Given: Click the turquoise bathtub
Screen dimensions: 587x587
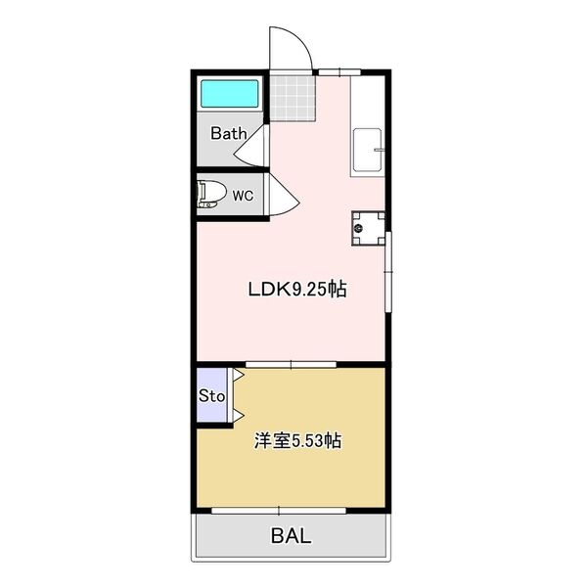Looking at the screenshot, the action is click(230, 94).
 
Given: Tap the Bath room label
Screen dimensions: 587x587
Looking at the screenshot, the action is click(229, 134).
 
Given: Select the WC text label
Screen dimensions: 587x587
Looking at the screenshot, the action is click(243, 196).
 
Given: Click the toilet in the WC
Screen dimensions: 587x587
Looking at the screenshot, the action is click(212, 195).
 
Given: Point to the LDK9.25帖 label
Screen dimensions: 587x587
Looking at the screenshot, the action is click(297, 289).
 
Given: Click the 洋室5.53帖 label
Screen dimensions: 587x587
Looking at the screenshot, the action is click(297, 440).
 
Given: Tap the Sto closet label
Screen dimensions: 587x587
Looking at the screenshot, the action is click(212, 395).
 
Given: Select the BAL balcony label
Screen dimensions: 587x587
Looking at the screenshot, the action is click(291, 536).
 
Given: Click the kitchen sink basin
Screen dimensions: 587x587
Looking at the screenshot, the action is click(368, 150).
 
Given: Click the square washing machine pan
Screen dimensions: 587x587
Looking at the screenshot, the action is click(369, 228).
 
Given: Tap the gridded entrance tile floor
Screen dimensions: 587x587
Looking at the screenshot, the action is click(293, 99).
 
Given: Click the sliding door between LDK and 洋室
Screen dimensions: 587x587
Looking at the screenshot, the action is click(291, 364).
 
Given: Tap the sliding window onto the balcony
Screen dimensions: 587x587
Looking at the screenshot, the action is click(279, 511).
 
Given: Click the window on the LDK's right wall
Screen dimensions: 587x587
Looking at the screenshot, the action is click(388, 272).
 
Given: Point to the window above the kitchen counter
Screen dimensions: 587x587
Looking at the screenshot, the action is click(339, 72).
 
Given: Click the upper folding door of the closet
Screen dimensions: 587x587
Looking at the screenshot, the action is click(238, 375).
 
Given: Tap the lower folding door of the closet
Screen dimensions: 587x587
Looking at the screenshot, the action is click(238, 415).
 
